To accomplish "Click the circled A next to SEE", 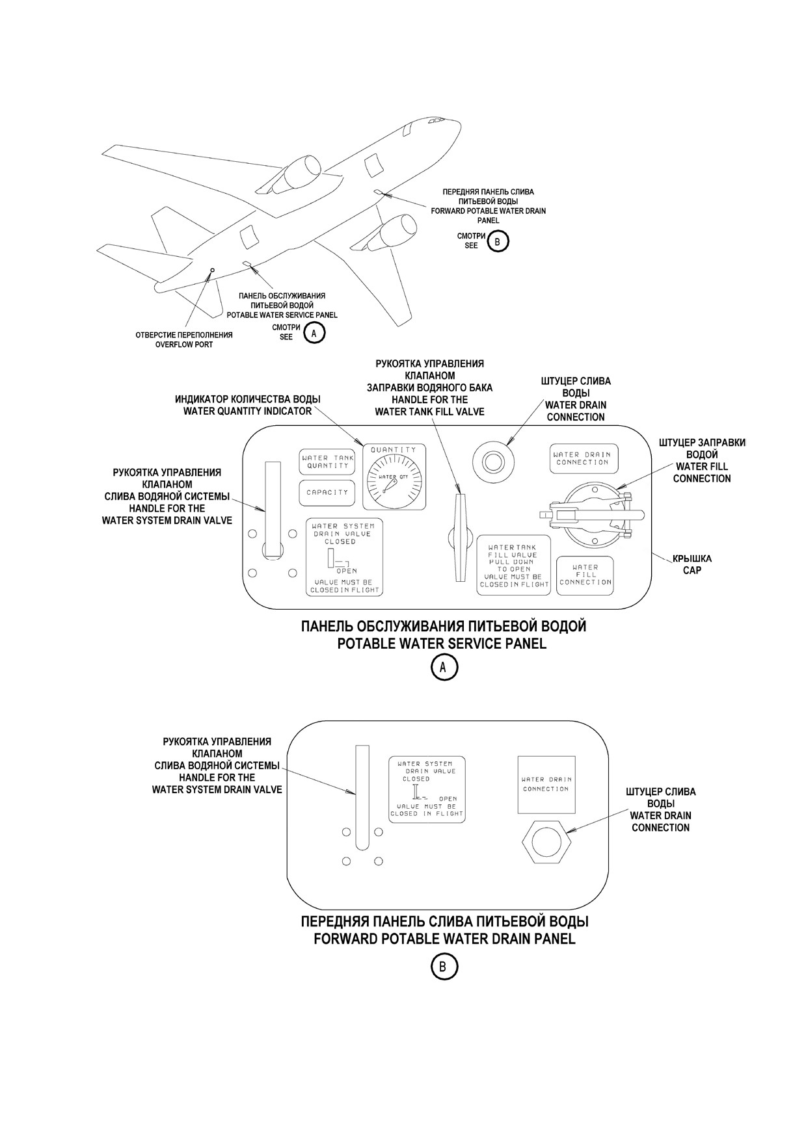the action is pos(314,333).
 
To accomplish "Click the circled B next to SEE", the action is pos(498,241).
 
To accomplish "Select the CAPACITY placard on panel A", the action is pos(327,493).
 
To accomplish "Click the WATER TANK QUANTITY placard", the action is pos(327,462).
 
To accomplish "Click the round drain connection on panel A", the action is pos(493,461).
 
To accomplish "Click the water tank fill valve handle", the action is pos(461,538).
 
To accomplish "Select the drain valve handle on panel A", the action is pos(273,509).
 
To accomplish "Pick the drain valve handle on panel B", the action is pos(362,796).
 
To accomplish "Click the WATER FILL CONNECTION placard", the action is pos(585,575).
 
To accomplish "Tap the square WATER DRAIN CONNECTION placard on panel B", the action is pos(546,784).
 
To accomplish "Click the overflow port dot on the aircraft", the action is pos(212,269).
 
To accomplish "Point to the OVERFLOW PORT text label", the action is pos(184,345).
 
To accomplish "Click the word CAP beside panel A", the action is pos(692,571).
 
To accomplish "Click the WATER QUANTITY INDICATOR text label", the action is pos(247,411).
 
